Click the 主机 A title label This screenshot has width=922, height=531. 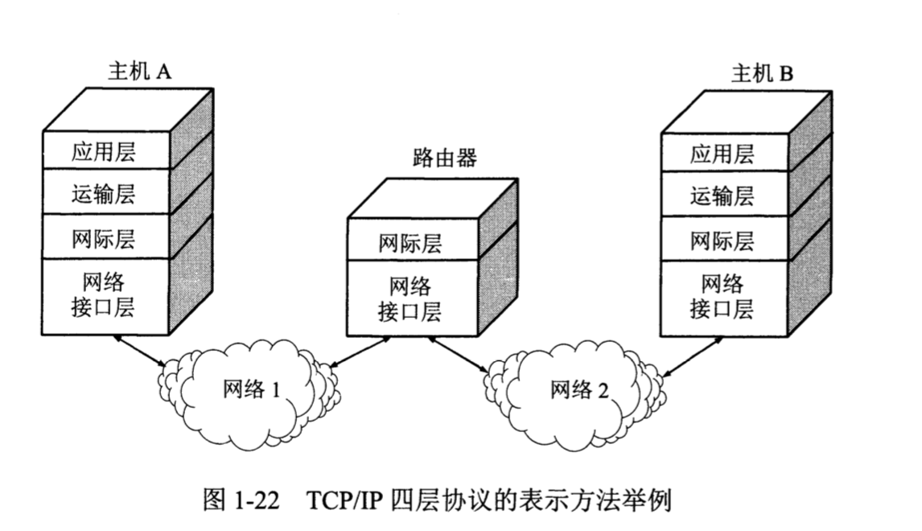[140, 72]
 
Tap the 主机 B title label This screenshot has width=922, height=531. [762, 74]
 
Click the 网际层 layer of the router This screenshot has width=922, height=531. [410, 243]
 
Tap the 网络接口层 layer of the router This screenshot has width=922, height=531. [410, 298]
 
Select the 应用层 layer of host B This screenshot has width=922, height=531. [722, 154]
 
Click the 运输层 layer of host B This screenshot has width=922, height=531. [722, 195]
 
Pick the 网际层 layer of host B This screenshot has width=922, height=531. [722, 239]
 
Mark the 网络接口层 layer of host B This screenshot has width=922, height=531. [722, 295]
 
